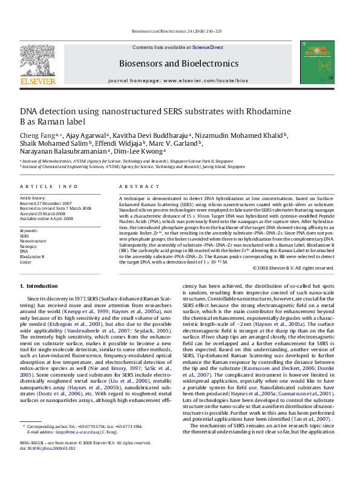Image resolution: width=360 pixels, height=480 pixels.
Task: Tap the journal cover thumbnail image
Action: click(x=313, y=66)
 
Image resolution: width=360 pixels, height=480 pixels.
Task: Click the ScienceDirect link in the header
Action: click(x=208, y=47)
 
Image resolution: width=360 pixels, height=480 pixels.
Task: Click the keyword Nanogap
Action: click(x=28, y=247)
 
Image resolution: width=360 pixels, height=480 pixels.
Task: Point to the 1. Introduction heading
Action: click(x=39, y=285)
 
